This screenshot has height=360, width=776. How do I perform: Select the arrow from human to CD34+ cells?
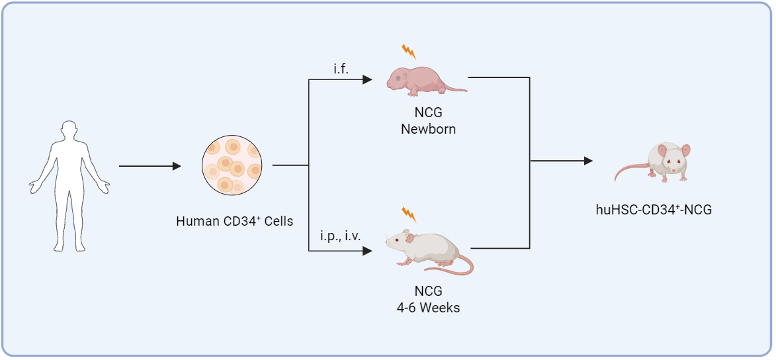(x=150, y=167)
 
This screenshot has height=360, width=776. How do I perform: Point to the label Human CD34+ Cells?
(x=234, y=221)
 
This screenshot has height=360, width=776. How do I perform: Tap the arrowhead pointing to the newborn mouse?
(x=368, y=80)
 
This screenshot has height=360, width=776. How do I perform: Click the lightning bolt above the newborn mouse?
(x=409, y=51)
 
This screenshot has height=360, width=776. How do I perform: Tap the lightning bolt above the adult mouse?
(x=409, y=214)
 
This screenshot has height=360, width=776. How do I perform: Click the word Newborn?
(x=428, y=129)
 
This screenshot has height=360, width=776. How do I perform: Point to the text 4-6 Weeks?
(x=428, y=308)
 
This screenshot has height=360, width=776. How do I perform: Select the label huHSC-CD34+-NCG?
(x=654, y=210)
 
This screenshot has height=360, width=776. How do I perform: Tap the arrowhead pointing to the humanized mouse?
(x=587, y=161)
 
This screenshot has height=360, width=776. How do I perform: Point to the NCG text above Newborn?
(x=428, y=113)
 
